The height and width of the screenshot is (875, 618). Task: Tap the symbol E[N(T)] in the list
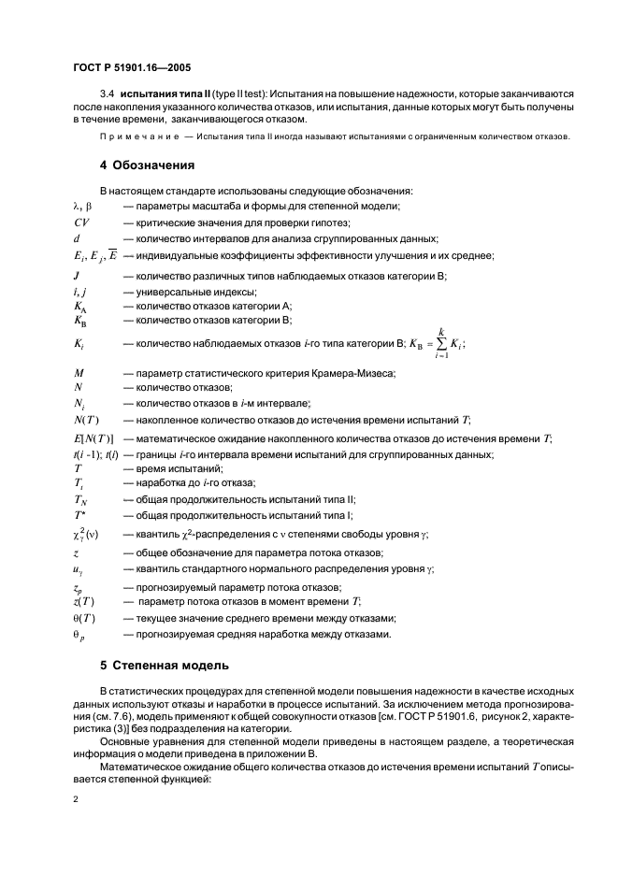[x=93, y=439]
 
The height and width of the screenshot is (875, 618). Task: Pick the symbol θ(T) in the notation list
[x=88, y=618]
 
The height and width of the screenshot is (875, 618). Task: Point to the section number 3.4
[x=106, y=94]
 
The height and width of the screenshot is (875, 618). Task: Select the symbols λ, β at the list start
[x=82, y=206]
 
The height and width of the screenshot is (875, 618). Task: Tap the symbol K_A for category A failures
[x=82, y=307]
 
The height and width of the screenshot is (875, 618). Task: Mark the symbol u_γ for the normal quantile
[x=79, y=569]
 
